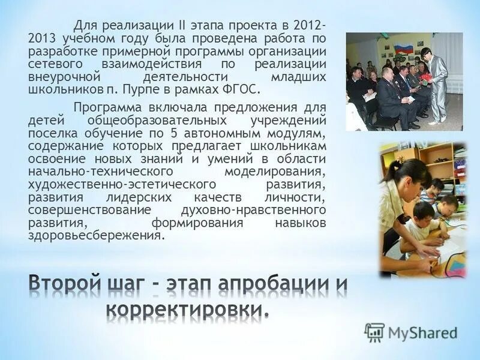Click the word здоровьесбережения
tap(95, 235)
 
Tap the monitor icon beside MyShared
tap(374, 332)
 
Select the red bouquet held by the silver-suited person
tap(424, 69)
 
